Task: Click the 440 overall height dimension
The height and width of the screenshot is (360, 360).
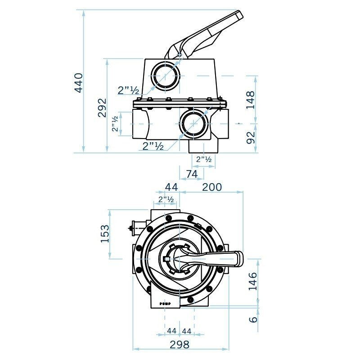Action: pyautogui.click(x=79, y=82)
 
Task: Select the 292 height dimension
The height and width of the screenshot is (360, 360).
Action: pyautogui.click(x=102, y=108)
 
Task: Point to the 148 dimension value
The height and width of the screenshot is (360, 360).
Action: pyautogui.click(x=251, y=100)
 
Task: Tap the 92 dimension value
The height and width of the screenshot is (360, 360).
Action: pyautogui.click(x=251, y=137)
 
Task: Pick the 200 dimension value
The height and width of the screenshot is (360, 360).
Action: pyautogui.click(x=212, y=187)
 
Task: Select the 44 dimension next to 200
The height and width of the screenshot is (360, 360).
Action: pyautogui.click(x=171, y=187)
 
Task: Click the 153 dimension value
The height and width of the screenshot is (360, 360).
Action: pyautogui.click(x=105, y=234)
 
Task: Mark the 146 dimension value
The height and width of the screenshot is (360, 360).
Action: pyautogui.click(x=253, y=281)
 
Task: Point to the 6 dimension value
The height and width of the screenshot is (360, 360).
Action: pyautogui.click(x=253, y=319)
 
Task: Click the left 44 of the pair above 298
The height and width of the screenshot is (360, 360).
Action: pyautogui.click(x=171, y=331)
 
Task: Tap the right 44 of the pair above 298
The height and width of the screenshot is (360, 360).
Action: pyautogui.click(x=187, y=331)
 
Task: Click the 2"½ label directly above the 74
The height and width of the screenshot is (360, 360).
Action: pyautogui.click(x=204, y=159)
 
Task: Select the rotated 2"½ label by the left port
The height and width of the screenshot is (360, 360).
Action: pyautogui.click(x=115, y=123)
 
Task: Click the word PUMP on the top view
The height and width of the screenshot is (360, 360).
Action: pyautogui.click(x=165, y=305)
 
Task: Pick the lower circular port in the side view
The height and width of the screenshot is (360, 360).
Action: pyautogui.click(x=194, y=123)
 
